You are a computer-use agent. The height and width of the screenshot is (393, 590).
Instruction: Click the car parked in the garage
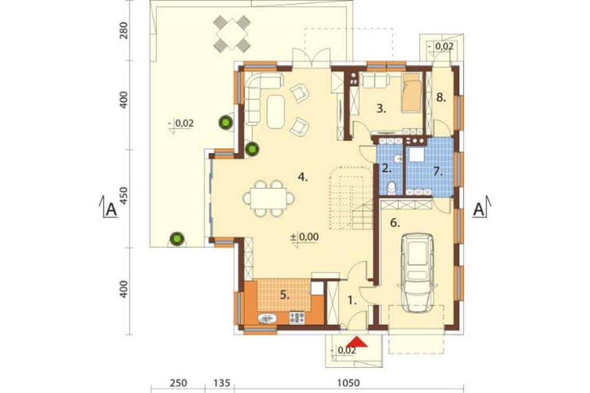click(x=417, y=273)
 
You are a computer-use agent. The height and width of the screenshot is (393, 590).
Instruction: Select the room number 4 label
click(x=303, y=177)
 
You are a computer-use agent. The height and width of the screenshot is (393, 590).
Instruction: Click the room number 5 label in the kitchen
click(x=285, y=295)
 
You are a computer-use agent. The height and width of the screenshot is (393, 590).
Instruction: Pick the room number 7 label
click(x=437, y=171)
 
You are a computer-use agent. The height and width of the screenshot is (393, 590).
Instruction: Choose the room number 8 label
click(x=441, y=98)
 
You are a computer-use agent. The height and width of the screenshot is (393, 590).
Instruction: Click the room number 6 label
click(x=394, y=223)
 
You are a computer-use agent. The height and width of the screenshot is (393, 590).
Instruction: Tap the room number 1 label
click(x=352, y=301)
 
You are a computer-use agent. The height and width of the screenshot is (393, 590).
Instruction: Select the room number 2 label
click(x=386, y=168)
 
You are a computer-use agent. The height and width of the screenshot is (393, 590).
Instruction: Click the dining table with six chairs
click(x=268, y=198)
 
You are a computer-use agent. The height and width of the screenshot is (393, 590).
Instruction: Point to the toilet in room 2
click(x=392, y=188)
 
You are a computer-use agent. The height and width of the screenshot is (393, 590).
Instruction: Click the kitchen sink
click(x=267, y=319)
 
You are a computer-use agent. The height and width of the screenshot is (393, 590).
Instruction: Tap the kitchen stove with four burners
click(x=297, y=317)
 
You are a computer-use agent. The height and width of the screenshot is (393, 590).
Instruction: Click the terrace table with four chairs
click(x=232, y=33)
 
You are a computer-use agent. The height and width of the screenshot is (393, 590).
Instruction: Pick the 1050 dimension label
click(x=348, y=383)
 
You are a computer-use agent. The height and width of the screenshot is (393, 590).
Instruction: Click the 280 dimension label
click(x=123, y=31)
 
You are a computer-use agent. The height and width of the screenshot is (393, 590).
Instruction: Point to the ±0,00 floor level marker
click(x=304, y=237)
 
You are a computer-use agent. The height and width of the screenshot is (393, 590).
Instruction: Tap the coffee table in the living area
click(x=276, y=112)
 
